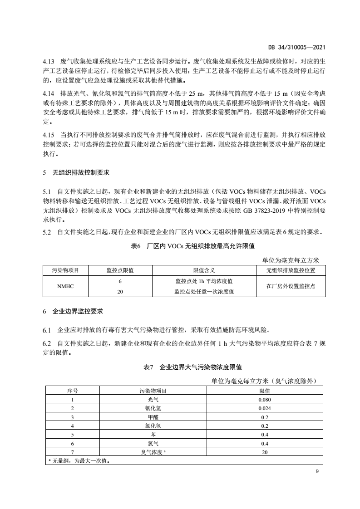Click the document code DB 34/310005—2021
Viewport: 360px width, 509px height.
coord(298,47)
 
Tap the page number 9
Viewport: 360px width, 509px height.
coord(317,473)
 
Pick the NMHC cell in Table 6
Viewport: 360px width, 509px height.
coord(65,287)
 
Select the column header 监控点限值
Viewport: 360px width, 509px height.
coord(120,270)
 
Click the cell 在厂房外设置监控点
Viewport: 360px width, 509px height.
coord(291,287)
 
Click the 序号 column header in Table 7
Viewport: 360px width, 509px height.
coord(72,391)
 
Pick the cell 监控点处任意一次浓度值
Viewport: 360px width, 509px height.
coord(204,292)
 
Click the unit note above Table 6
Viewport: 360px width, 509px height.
coord(291,260)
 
